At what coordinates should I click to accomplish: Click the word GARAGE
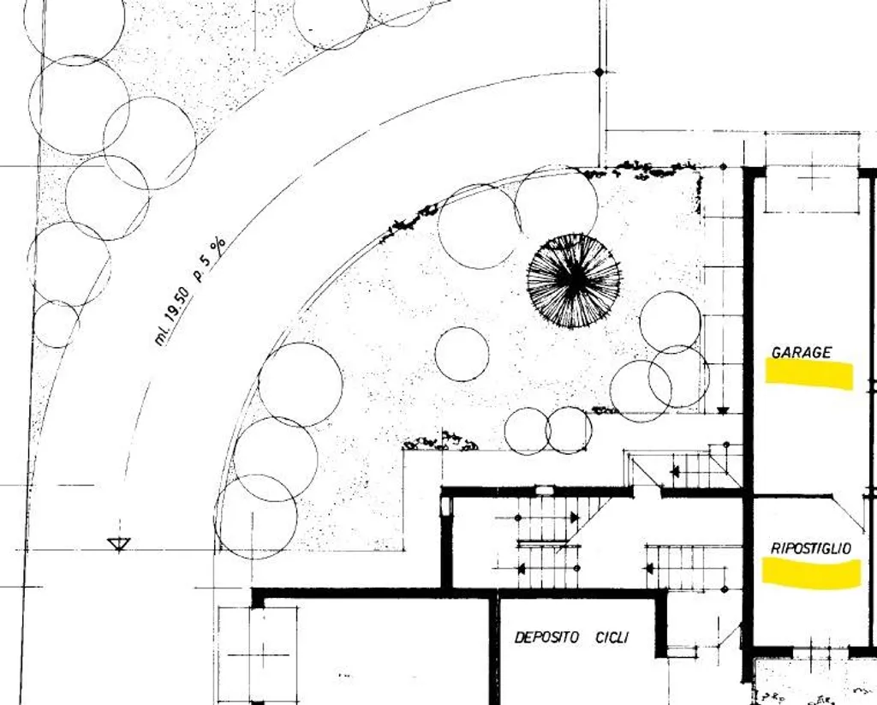[801, 353]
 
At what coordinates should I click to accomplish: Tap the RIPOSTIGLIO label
[811, 548]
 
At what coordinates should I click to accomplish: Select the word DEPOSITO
[546, 637]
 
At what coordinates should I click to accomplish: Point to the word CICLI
[612, 637]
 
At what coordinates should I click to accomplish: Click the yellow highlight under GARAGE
[808, 373]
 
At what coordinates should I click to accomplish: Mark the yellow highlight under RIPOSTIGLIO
[812, 574]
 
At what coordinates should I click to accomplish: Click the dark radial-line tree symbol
[574, 280]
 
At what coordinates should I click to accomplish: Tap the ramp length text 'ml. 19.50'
[174, 316]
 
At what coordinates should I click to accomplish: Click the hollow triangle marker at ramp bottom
[118, 544]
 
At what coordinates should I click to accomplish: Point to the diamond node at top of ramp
[600, 72]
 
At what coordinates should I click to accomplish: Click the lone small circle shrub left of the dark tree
[462, 354]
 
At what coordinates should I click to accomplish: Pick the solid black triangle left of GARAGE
[723, 410]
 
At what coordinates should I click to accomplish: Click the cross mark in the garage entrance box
[814, 179]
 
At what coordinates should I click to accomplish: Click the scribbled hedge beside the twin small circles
[441, 443]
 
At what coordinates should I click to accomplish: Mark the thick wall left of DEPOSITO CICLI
[494, 649]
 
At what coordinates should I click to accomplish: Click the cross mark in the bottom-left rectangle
[263, 654]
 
